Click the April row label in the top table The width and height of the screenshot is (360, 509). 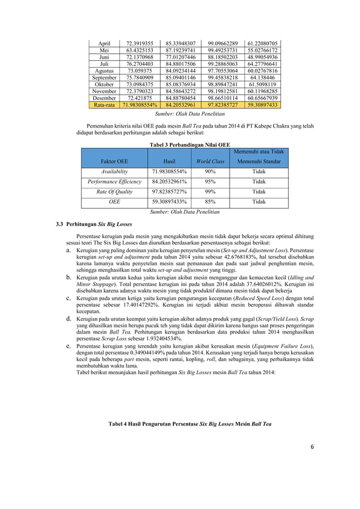(x=104, y=43)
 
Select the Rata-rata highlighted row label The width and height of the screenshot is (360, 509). (x=104, y=105)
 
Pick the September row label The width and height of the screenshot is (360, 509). (x=104, y=77)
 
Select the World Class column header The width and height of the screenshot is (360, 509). (x=210, y=161)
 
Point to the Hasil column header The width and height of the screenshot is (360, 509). (x=169, y=161)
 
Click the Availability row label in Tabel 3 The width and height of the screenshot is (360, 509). (x=115, y=172)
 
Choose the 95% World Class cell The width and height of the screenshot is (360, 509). (x=210, y=182)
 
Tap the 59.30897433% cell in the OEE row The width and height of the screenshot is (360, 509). (x=169, y=202)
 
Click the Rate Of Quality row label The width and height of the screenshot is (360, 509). (x=115, y=192)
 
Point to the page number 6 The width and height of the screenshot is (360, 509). (x=311, y=447)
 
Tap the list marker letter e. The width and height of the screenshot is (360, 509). (x=69, y=345)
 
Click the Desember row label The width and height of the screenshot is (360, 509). (x=104, y=98)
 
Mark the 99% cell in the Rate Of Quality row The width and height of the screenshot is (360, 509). (x=210, y=192)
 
